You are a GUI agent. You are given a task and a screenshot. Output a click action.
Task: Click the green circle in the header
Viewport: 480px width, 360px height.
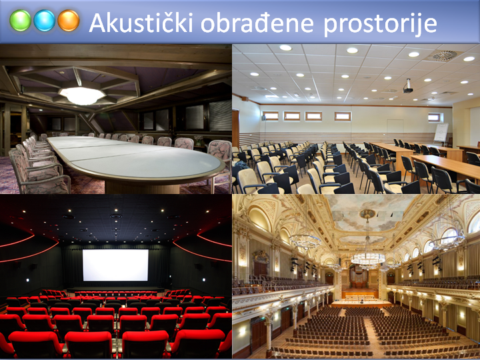pos(20,21)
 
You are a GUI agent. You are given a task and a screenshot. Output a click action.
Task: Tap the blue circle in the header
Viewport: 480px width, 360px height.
pos(45,21)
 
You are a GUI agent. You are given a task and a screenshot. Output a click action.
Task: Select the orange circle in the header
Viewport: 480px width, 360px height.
pos(69,21)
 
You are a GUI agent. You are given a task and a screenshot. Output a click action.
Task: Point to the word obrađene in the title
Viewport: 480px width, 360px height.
pos(257,23)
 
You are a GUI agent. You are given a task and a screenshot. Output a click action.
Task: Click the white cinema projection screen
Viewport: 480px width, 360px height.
pos(115,265)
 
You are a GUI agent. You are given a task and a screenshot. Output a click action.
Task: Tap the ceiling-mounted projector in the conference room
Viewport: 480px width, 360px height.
pos(408,87)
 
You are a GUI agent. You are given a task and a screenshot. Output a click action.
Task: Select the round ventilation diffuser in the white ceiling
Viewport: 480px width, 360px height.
pos(445,55)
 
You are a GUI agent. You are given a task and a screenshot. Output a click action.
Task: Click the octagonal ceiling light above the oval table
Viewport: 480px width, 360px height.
pos(82,95)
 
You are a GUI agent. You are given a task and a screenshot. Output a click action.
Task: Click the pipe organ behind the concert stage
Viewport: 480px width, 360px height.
pos(359,277)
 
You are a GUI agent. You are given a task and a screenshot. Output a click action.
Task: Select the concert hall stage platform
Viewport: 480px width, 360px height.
pos(361,301)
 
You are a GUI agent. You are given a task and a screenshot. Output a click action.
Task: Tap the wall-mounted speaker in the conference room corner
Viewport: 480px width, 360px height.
pos(263,118)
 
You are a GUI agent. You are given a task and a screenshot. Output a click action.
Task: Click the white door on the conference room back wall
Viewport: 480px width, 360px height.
pos(395,126)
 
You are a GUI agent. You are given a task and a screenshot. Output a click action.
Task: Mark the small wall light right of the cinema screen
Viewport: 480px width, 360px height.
pos(203,279)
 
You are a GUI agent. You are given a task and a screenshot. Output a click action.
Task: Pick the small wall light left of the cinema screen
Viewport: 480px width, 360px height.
pos(27,280)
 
